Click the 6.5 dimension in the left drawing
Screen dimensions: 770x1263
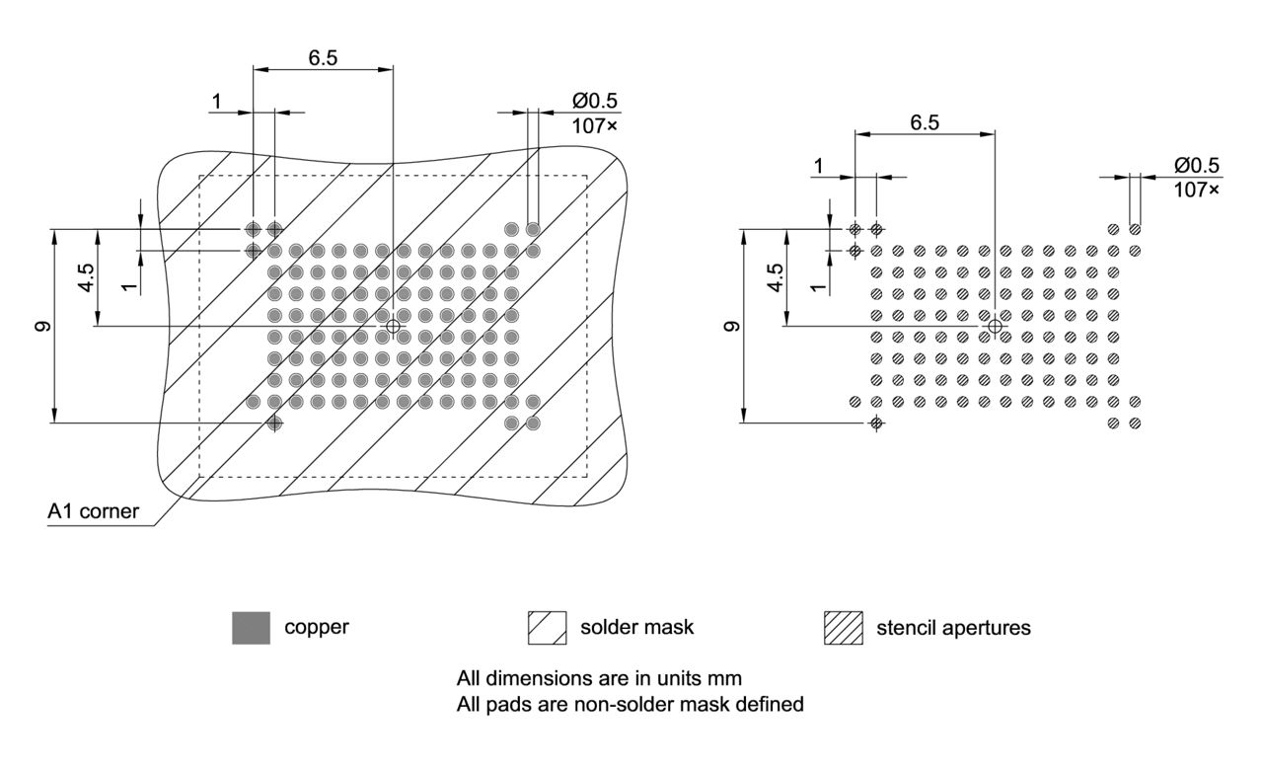(x=323, y=57)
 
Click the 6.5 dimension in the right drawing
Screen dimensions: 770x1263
(x=925, y=121)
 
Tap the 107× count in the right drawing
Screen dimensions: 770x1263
(x=1196, y=188)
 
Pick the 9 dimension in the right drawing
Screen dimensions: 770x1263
(x=732, y=326)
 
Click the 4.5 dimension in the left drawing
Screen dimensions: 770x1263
(x=88, y=277)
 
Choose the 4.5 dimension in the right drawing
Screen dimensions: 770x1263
(x=776, y=277)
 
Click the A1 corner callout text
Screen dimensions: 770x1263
(x=94, y=511)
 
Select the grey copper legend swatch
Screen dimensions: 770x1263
(x=251, y=628)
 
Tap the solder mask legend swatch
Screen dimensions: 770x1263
(x=548, y=628)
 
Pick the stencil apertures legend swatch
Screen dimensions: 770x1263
(x=842, y=628)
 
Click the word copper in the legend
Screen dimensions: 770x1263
(x=317, y=628)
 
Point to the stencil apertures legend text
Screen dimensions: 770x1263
(x=953, y=628)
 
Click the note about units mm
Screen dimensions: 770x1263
(x=599, y=679)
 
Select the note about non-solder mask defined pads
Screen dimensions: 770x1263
(x=631, y=705)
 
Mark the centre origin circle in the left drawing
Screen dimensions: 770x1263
(x=394, y=326)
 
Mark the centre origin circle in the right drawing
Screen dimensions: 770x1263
(x=995, y=326)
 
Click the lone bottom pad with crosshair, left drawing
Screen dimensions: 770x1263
(x=274, y=423)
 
